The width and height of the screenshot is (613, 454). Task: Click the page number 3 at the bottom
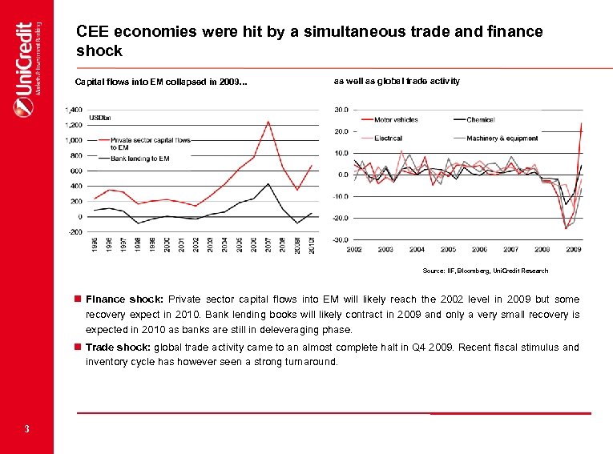(26, 430)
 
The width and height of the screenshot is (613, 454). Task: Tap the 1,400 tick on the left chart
(74, 110)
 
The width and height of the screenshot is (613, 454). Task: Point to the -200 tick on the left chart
(75, 232)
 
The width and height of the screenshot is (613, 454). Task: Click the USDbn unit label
(99, 119)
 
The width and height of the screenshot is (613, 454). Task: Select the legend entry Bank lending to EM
(139, 159)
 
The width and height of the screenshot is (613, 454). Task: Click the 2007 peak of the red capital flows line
(268, 122)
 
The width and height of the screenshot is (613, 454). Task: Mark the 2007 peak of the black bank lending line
(268, 183)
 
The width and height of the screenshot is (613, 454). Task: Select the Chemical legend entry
(480, 120)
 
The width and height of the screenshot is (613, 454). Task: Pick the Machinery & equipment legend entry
(502, 138)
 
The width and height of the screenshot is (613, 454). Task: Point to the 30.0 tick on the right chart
(341, 110)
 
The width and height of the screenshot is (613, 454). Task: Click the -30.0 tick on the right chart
(340, 240)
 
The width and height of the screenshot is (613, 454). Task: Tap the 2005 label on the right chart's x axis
(448, 250)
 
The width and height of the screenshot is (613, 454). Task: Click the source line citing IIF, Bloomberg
(490, 271)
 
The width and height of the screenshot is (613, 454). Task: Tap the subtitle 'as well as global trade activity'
(397, 81)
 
